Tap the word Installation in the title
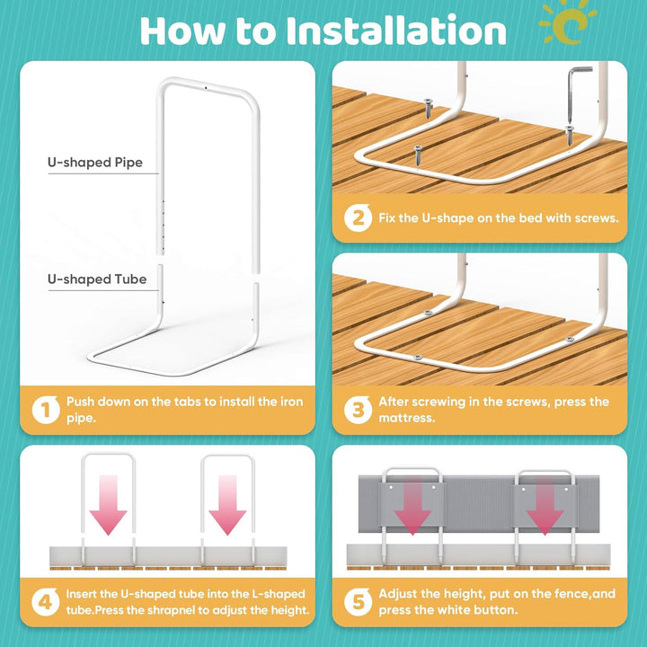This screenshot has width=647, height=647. click(x=395, y=31)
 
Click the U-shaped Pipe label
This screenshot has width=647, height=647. click(x=95, y=162)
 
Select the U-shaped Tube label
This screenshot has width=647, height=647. click(x=97, y=279)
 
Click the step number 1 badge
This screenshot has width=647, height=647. click(x=46, y=410)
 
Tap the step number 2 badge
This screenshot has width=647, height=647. click(x=358, y=217)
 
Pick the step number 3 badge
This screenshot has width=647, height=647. click(x=358, y=410)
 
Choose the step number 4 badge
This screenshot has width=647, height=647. click(x=46, y=601)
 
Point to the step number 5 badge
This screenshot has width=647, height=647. click(x=358, y=601)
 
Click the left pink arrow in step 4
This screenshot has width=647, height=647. click(x=108, y=505)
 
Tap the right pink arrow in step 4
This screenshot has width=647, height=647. click(x=227, y=505)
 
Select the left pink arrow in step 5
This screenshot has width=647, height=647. click(x=412, y=506)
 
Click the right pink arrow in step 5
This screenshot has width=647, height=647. click(x=545, y=506)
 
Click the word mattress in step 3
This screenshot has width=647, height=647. click(x=405, y=418)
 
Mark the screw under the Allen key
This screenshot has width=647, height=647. click(x=570, y=135)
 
